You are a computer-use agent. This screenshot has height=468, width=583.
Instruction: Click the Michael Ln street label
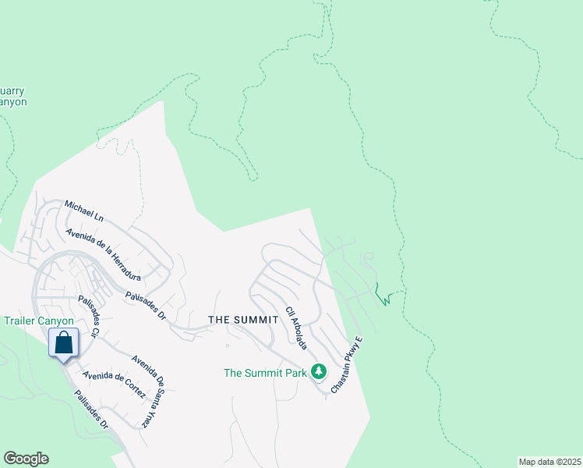[x=84, y=208]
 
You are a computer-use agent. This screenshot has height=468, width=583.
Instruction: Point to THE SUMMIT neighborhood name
[x=243, y=321]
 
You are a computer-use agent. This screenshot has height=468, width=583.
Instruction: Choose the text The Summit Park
[x=266, y=373]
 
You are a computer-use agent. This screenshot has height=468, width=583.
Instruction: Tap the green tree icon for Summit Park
[x=318, y=370]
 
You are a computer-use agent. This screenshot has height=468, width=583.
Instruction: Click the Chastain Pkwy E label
[x=347, y=365]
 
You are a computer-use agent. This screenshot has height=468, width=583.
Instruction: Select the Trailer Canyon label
[x=38, y=321]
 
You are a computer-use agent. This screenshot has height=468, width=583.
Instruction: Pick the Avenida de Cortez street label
[x=114, y=385]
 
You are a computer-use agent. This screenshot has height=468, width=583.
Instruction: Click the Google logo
[x=26, y=459]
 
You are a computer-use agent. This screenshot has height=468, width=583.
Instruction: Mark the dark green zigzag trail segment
[x=381, y=296]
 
